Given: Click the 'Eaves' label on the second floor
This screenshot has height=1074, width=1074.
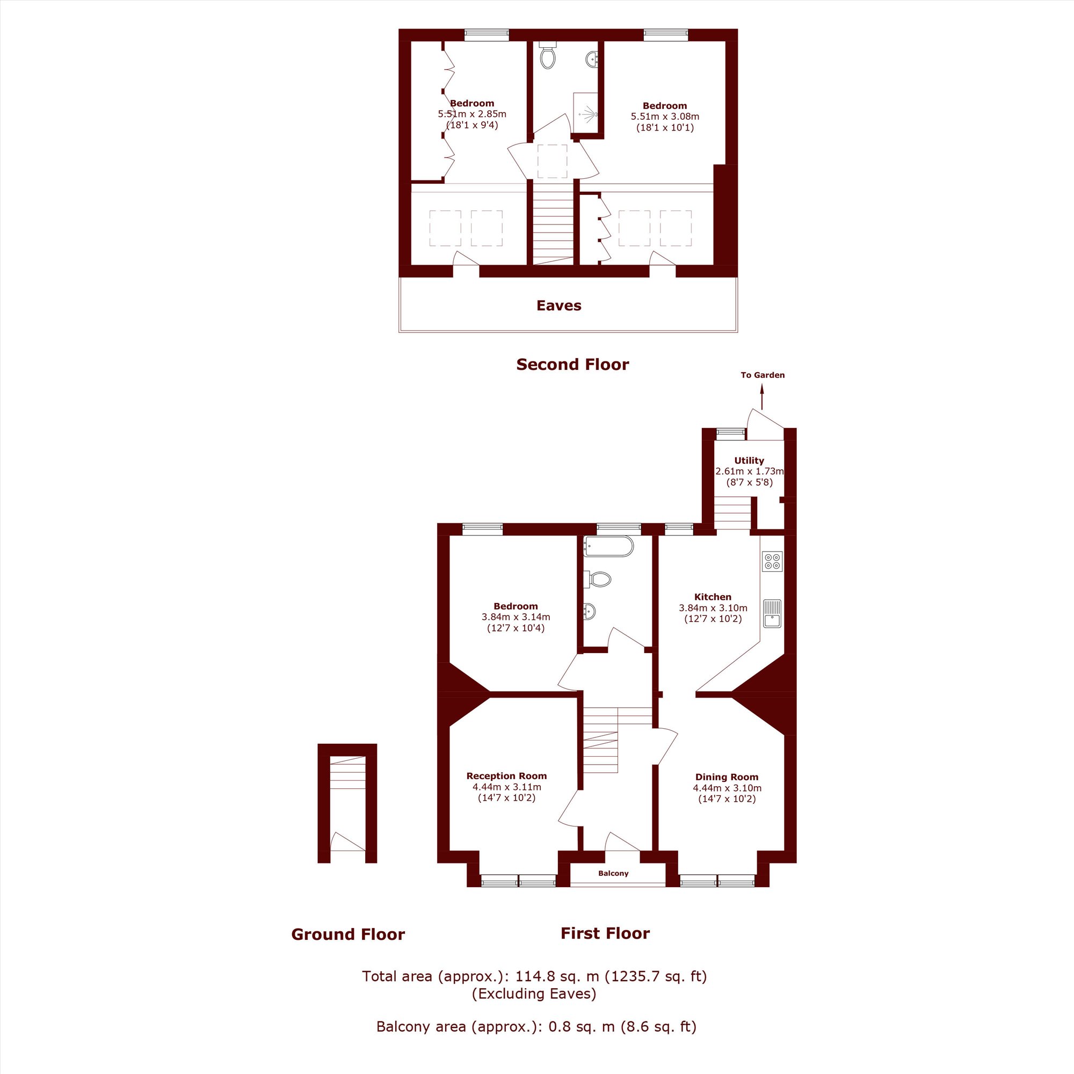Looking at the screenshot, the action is [x=558, y=305].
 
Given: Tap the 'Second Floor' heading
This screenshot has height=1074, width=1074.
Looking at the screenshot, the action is [x=572, y=364].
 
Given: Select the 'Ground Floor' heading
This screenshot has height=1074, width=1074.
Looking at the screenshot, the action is [x=348, y=934].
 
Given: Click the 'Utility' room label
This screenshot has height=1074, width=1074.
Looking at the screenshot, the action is [x=749, y=460].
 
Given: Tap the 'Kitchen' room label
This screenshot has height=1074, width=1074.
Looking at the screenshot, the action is [x=713, y=597].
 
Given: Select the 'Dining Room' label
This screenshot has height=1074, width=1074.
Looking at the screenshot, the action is [x=727, y=777].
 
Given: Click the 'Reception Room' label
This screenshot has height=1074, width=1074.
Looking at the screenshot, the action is [x=506, y=776].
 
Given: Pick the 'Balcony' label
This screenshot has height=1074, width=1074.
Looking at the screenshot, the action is [x=613, y=873].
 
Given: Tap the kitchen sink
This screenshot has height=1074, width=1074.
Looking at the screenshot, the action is [x=772, y=613].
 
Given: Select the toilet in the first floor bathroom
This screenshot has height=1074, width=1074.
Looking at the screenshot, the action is [x=598, y=579].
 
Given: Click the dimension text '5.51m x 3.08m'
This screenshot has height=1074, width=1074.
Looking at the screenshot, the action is [x=665, y=117].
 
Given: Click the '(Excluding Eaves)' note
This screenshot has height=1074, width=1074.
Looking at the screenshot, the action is [x=534, y=993].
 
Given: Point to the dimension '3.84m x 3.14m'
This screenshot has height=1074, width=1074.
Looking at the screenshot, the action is [x=516, y=617].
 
